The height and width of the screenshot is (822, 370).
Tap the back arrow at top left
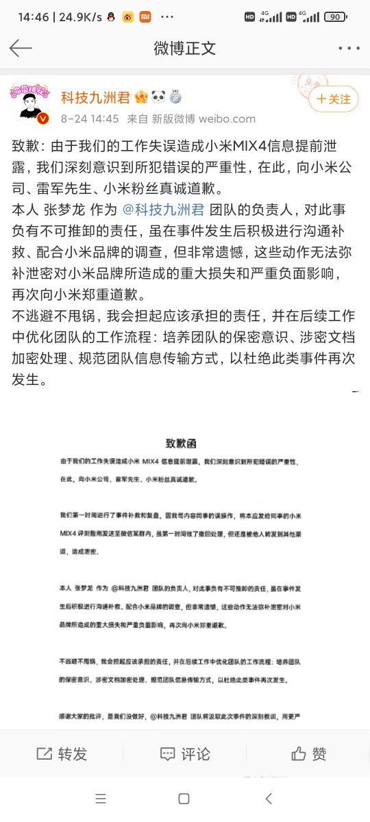tap(21, 47)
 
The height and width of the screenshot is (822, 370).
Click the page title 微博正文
tap(184, 48)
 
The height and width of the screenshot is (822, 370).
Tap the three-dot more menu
tap(349, 48)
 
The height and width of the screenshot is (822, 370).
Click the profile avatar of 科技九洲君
tap(31, 105)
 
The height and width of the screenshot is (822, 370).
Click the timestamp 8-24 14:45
tap(90, 119)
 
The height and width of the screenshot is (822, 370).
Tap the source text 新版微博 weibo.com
tap(193, 119)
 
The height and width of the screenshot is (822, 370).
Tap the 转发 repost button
tap(62, 754)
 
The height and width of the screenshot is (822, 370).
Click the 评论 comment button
tap(185, 754)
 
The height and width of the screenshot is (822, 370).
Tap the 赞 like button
tap(308, 754)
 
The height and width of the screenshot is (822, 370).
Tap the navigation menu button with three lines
tap(101, 799)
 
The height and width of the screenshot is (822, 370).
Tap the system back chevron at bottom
tap(269, 799)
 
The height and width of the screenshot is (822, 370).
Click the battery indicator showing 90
tap(354, 16)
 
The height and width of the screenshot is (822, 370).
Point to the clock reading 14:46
tap(34, 16)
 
